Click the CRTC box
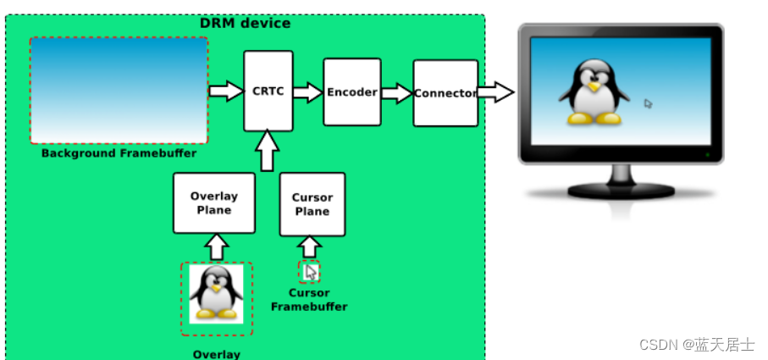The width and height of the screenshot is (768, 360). pos(268,91)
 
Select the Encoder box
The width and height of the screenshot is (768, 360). pos(351,92)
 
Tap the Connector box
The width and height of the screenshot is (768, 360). pos(445,93)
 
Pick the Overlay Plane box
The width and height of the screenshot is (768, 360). pos(214,203)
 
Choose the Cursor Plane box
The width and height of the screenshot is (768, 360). pos(312,204)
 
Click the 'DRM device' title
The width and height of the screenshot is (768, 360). pos(245,23)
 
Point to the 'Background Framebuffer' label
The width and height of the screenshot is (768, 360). pos(119,153)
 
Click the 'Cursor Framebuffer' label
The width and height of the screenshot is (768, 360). pos(309,300)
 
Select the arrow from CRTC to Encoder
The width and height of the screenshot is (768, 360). pos(308,91)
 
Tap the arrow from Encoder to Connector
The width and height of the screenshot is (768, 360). pos(396,92)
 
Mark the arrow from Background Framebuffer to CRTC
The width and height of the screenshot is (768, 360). pos(225,91)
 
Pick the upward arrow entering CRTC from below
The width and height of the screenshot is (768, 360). pos(267,151)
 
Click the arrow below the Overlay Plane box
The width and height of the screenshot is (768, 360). pos(217,246)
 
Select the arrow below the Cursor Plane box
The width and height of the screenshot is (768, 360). pos(311,246)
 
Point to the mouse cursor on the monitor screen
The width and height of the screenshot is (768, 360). pos(648,104)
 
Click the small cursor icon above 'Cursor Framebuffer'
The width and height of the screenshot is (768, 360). pos(311,271)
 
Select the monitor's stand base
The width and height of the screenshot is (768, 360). pos(621,191)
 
